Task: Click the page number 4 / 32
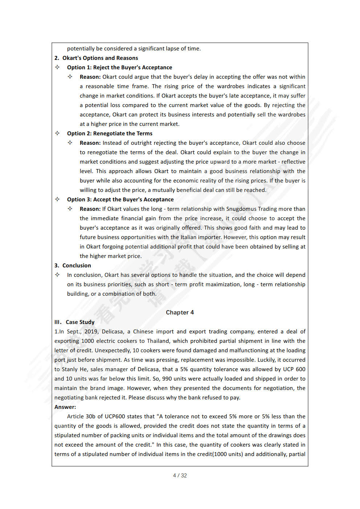(180, 476)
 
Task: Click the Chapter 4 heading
(180, 312)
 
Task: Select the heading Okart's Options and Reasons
(100, 58)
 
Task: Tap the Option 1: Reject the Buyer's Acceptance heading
(119, 67)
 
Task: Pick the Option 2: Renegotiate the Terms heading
(110, 134)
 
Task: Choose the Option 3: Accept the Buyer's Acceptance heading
(120, 200)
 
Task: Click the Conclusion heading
(77, 266)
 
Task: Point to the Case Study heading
(80, 322)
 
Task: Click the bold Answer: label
(65, 407)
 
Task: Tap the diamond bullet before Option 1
(57, 67)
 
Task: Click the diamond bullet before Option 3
(57, 199)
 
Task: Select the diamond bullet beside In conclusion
(57, 275)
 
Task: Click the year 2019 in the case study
(91, 332)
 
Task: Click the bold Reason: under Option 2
(90, 143)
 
